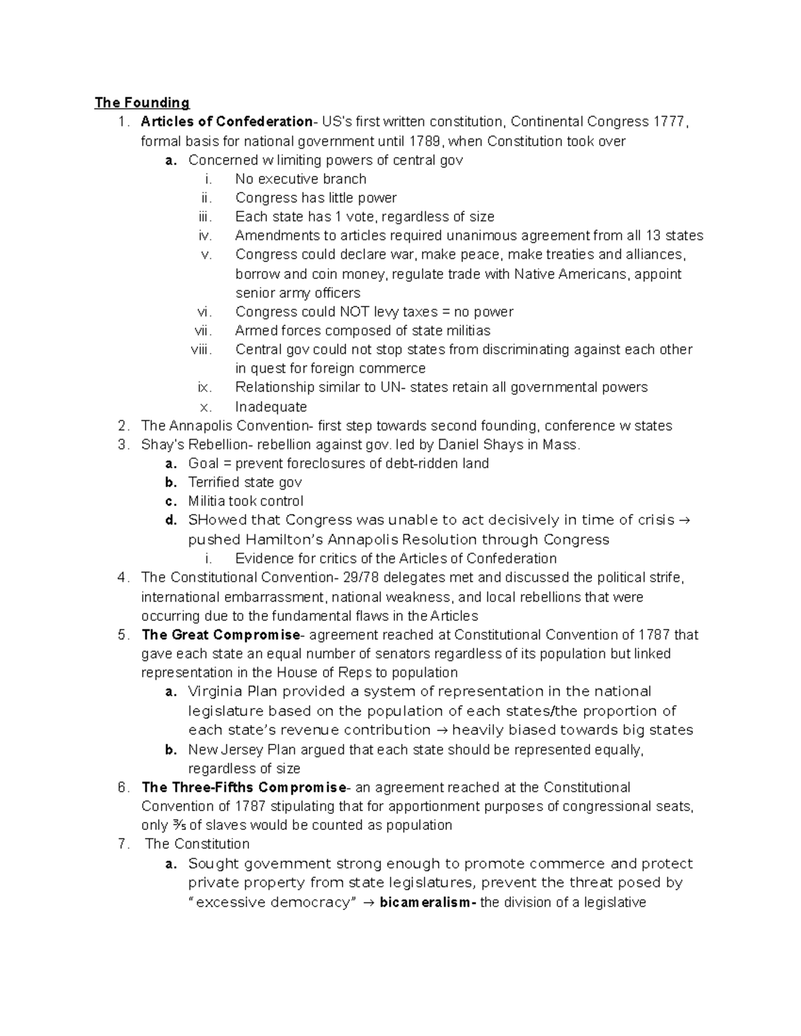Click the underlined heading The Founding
click(x=142, y=103)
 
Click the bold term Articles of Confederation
click(x=226, y=122)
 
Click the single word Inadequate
click(x=271, y=407)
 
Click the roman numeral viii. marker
click(x=201, y=350)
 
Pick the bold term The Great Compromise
click(x=221, y=635)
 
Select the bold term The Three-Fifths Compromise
click(x=244, y=788)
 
